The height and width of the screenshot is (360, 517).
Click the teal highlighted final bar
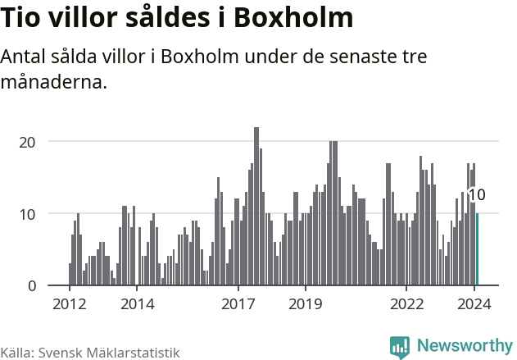click(x=478, y=249)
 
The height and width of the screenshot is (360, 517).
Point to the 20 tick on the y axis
click(x=28, y=141)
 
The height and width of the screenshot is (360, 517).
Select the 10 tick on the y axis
click(x=28, y=213)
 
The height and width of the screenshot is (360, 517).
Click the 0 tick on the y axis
click(x=32, y=285)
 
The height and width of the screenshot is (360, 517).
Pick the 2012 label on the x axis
click(x=69, y=303)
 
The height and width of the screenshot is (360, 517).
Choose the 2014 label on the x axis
click(x=137, y=303)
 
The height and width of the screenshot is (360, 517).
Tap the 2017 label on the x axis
click(x=238, y=303)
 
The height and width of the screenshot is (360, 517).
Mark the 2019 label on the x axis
click(x=306, y=303)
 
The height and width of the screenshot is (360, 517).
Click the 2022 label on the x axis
click(x=407, y=303)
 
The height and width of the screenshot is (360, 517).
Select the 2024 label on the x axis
click(x=474, y=303)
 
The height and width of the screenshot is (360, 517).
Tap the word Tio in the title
click(x=20, y=19)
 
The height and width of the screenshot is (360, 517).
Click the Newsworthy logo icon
click(x=400, y=347)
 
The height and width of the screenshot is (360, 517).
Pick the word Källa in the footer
click(x=16, y=352)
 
